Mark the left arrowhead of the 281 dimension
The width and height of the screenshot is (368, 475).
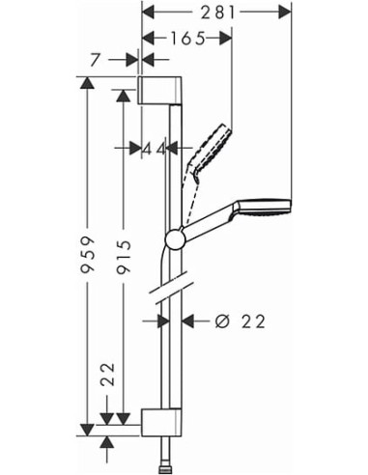coord(147,11)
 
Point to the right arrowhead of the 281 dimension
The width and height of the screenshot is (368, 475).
coord(287,11)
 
